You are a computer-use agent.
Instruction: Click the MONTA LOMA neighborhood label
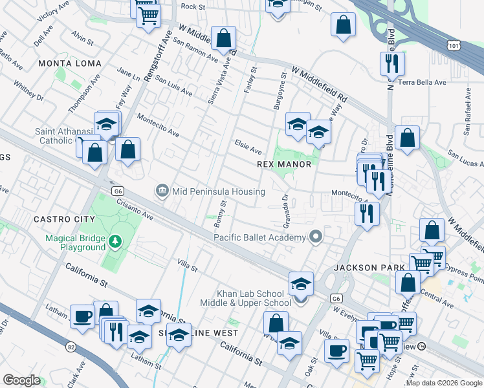tap(70, 63)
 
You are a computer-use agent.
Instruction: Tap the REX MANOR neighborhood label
tap(285, 164)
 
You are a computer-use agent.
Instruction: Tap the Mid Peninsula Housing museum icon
tap(162, 191)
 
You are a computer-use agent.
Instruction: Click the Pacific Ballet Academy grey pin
tap(316, 237)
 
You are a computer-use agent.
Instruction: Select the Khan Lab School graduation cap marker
tap(301, 285)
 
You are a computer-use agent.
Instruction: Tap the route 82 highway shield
tap(70, 348)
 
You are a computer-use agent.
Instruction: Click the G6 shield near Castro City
tap(117, 191)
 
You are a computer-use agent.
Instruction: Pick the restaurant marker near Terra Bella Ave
tap(392, 63)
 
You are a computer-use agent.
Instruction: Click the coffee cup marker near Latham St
tap(82, 316)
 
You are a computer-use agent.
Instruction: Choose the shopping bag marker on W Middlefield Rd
tap(224, 39)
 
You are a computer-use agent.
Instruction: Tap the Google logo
tap(21, 380)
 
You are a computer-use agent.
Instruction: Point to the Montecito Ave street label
tap(158, 125)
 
